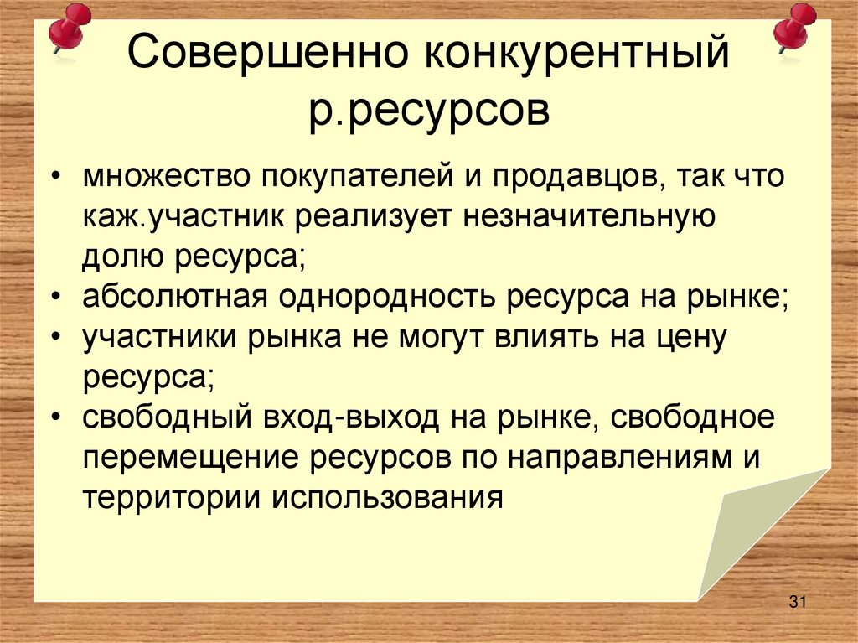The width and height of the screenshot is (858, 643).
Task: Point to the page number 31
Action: tap(797, 601)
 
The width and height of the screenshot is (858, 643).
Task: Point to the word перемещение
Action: tap(192, 456)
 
